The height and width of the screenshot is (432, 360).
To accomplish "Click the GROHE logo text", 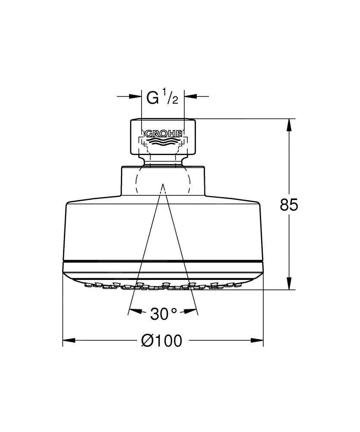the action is point(163,134).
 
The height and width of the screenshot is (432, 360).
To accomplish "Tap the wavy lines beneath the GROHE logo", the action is point(163,142).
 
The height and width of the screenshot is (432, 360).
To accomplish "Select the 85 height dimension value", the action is point(289,205).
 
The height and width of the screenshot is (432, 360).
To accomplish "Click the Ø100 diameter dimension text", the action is point(162,340).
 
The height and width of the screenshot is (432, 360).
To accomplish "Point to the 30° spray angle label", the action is point(164,314).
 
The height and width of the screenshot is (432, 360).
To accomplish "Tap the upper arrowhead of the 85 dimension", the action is point(289,125).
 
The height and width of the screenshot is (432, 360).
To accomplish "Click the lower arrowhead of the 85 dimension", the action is point(289,283).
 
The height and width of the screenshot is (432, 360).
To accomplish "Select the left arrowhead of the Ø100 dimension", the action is point(69,340).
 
